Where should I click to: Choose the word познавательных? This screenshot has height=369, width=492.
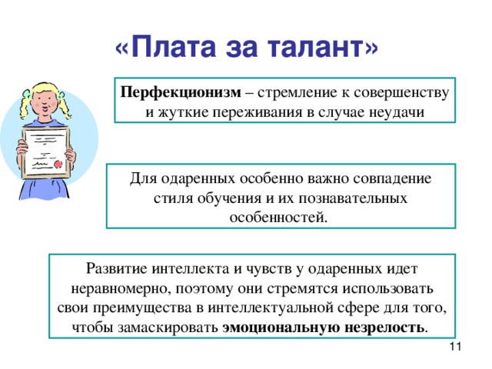(x=351, y=198)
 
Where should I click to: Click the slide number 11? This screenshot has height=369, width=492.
(x=454, y=349)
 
